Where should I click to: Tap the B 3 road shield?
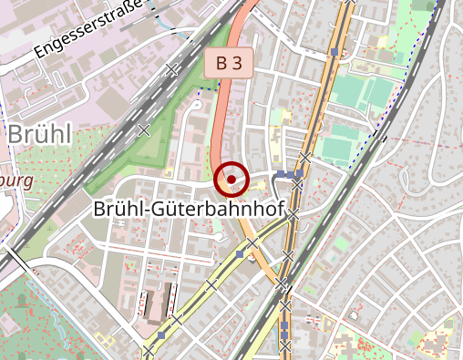tap(229, 64)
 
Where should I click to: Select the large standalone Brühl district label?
tap(39, 133)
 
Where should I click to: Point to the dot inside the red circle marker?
tap(231, 179)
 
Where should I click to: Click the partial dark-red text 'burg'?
tap(16, 180)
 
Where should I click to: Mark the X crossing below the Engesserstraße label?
tap(171, 68)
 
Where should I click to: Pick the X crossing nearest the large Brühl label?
tap(143, 130)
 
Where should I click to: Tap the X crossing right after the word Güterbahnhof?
tap(293, 212)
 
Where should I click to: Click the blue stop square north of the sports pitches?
tap(334, 53)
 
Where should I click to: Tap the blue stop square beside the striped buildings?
tap(161, 335)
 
